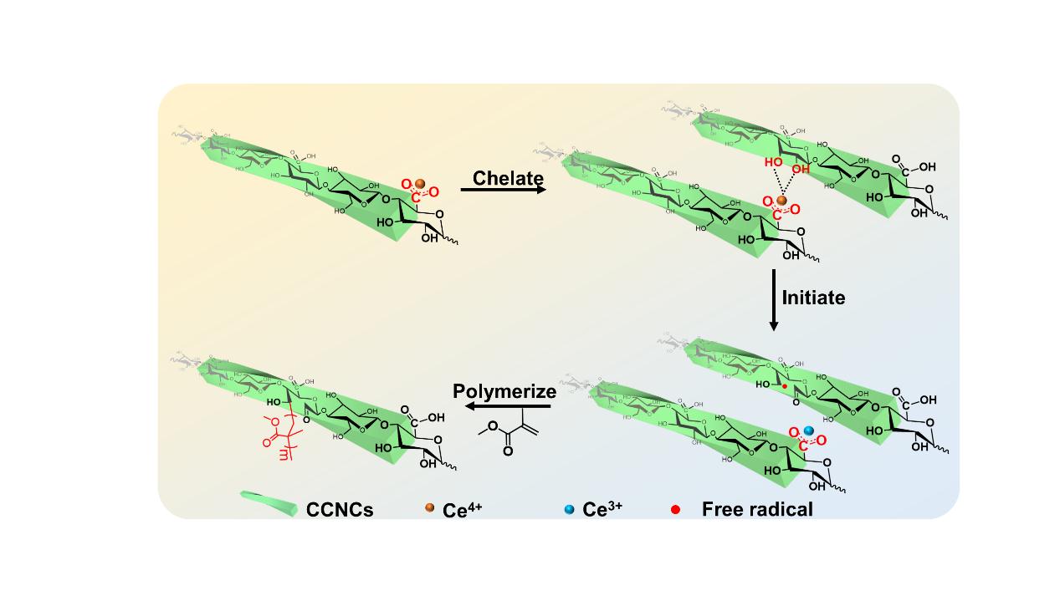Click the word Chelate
pos(508,178)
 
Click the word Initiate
pos(813,297)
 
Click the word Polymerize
pos(504,392)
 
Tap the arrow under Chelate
pos(503,191)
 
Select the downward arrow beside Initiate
pos(773,299)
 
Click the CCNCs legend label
pos(340,508)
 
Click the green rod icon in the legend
pos(269,504)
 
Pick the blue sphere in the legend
pos(570,508)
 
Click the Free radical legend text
pos(757,508)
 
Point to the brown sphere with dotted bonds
pos(781,201)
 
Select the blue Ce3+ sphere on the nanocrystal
pos(808,430)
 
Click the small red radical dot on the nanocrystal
pos(784,388)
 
